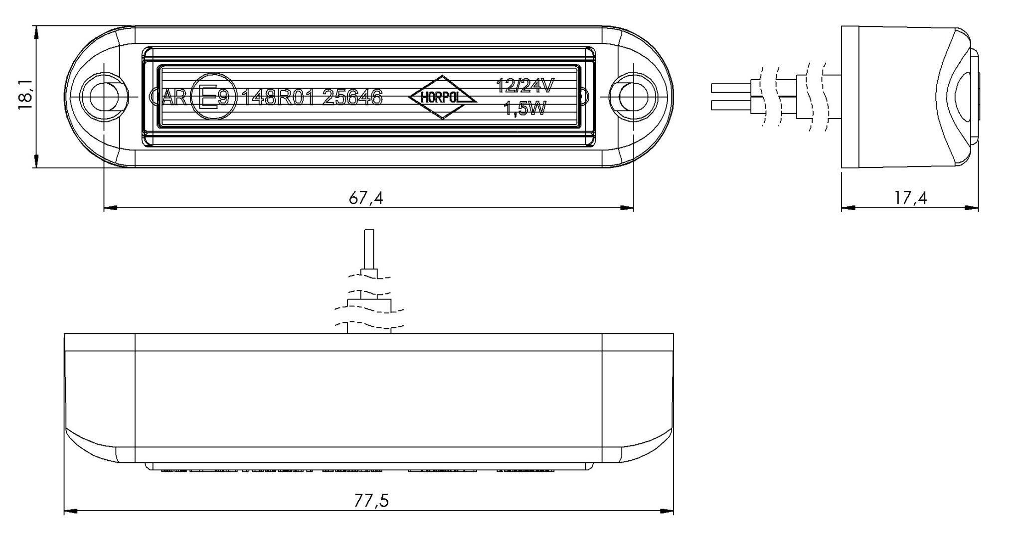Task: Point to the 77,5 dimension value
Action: pos(371,501)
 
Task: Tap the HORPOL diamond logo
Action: pos(443,97)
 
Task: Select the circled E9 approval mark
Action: pos(210,97)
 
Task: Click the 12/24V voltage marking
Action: pos(524,86)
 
